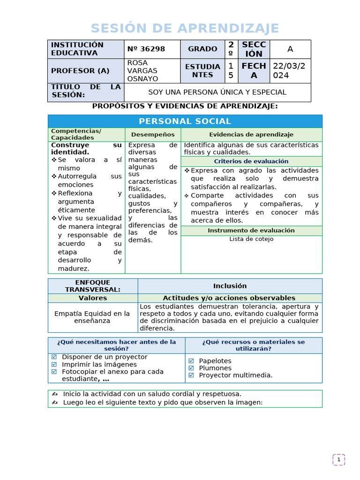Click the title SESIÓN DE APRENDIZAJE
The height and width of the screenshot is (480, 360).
point(185,29)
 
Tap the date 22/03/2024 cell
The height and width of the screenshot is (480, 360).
point(290,71)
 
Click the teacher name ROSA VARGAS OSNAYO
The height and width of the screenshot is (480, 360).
point(143,71)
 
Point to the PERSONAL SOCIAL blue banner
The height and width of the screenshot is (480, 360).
point(185,121)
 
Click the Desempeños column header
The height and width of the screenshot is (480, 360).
point(153,135)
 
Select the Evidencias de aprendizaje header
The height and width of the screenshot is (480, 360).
point(251,135)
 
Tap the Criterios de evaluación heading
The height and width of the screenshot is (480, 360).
point(251,161)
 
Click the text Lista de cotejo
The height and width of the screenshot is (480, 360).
point(251,239)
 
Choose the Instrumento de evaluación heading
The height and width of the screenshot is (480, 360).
point(251,231)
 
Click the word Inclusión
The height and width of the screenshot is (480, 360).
point(230,286)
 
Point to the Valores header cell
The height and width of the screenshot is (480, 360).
point(93,298)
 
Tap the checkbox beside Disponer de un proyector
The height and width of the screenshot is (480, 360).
point(54,357)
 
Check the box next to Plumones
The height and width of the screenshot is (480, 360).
point(191,368)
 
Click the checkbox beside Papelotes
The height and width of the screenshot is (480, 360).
point(191,361)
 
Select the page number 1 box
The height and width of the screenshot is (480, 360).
point(339,460)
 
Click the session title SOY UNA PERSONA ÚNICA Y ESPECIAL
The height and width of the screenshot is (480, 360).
point(217,92)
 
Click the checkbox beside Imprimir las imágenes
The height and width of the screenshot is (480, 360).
point(54,364)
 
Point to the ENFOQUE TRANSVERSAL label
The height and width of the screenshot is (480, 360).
point(93,286)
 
